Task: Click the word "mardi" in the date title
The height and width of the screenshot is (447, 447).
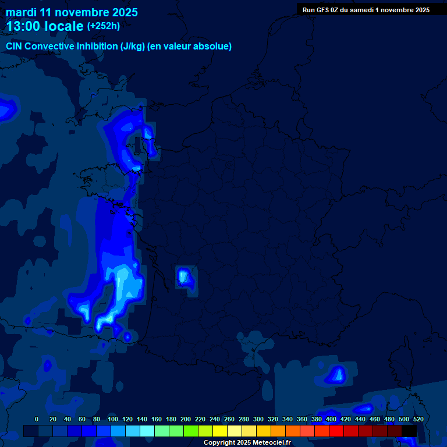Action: click(20, 12)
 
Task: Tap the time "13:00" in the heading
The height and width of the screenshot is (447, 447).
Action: click(24, 26)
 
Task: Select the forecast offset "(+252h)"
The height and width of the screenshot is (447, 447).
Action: click(104, 26)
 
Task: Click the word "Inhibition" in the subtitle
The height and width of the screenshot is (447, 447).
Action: click(97, 47)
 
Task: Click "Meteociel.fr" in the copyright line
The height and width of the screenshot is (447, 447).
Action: click(271, 443)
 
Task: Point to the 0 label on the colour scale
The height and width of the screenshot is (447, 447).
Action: click(37, 419)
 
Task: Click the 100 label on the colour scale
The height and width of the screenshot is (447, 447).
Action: click(113, 419)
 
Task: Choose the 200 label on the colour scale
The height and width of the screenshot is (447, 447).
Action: click(186, 419)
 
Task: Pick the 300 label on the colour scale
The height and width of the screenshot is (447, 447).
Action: click(258, 419)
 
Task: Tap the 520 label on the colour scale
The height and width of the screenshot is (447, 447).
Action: click(418, 419)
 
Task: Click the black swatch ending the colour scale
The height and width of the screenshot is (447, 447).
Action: click(409, 431)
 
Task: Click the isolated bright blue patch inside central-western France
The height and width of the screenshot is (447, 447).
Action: click(185, 276)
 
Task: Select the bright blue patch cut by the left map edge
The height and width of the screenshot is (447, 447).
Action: click(7, 109)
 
